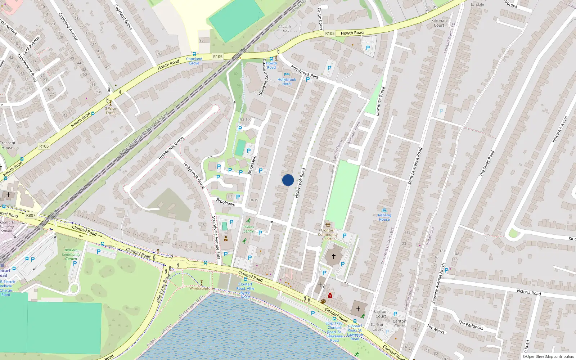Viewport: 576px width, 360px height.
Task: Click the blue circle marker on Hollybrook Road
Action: click(x=288, y=180)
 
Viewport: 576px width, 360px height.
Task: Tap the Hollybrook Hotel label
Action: click(x=287, y=82)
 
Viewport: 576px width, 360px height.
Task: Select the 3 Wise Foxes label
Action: click(x=111, y=111)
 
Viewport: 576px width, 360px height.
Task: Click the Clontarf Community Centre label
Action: click(x=328, y=234)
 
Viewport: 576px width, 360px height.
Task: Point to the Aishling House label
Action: click(x=384, y=217)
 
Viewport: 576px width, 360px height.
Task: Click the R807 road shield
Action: click(x=31, y=215)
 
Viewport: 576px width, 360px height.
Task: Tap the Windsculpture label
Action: click(x=201, y=288)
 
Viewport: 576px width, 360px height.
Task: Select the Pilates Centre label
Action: click(x=248, y=229)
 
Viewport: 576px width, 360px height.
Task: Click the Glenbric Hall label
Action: click(x=285, y=29)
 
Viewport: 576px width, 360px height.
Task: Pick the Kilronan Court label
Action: click(x=439, y=23)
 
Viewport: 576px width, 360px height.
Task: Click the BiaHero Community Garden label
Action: click(x=71, y=254)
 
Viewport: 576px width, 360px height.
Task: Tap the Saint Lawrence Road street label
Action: click(x=414, y=166)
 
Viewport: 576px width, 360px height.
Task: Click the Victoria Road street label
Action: click(x=528, y=292)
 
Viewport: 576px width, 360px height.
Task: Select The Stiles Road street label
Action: click(x=487, y=163)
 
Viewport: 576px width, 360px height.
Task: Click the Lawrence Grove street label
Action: click(x=380, y=101)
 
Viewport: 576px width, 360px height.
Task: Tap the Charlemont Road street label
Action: click(x=27, y=67)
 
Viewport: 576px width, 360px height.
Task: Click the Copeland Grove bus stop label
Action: click(x=194, y=61)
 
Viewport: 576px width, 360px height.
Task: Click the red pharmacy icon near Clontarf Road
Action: click(x=330, y=296)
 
